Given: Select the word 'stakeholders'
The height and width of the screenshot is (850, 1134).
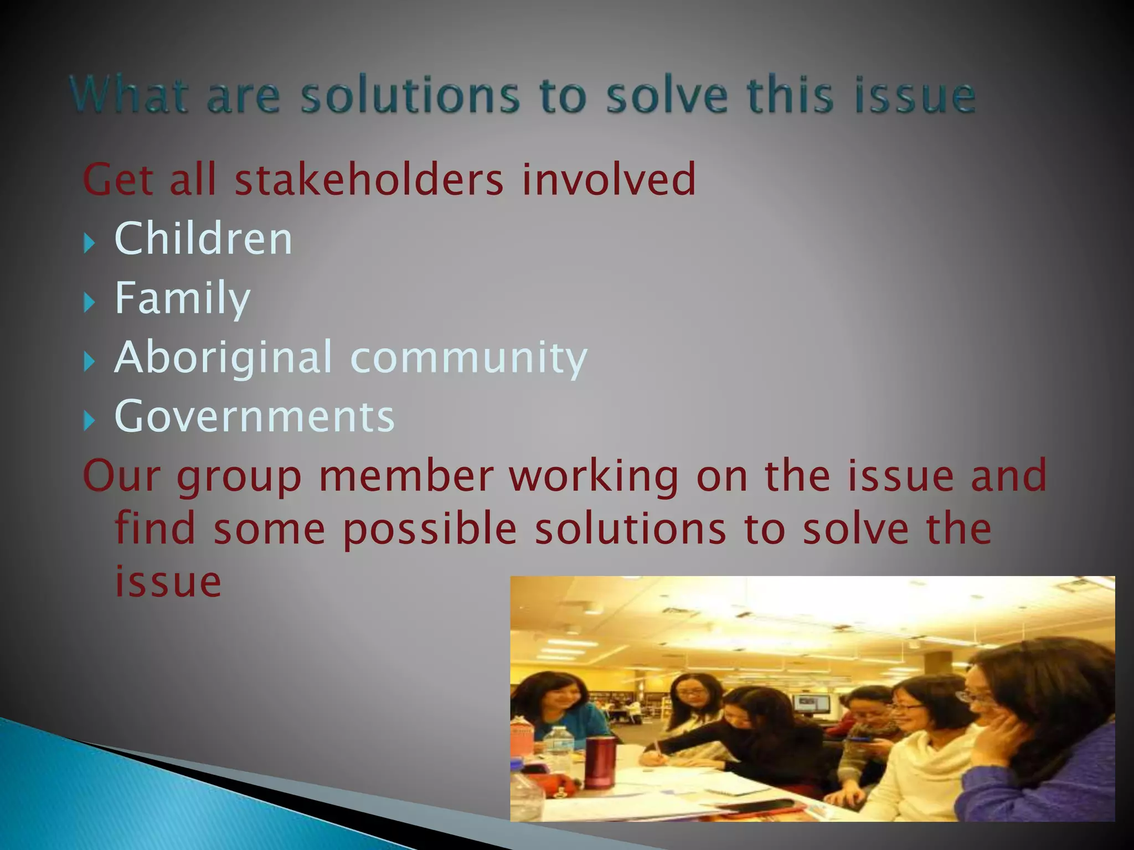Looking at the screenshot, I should click(369, 179).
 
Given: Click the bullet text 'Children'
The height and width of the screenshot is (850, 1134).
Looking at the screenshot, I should click(203, 239).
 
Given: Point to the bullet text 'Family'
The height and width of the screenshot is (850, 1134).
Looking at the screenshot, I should click(182, 298).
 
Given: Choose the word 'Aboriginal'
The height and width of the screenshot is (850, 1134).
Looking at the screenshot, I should click(223, 357).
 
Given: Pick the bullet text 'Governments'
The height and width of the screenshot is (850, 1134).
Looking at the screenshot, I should click(254, 416).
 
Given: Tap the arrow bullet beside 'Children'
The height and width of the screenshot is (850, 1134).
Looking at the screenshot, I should click(89, 242).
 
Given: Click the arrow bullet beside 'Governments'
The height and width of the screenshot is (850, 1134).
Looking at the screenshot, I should click(89, 421).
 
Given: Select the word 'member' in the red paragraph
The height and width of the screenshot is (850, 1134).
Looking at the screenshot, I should click(406, 476).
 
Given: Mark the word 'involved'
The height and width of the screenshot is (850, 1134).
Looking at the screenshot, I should click(608, 179).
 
